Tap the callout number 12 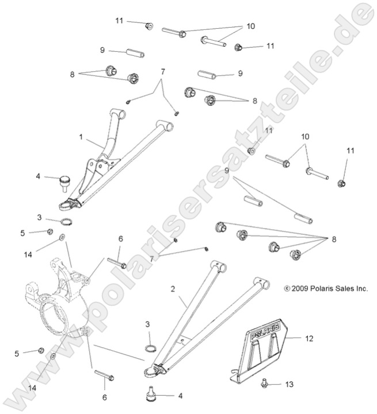[x=309, y=339]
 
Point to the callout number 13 [x=289, y=384]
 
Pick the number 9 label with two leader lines [x=227, y=171]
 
